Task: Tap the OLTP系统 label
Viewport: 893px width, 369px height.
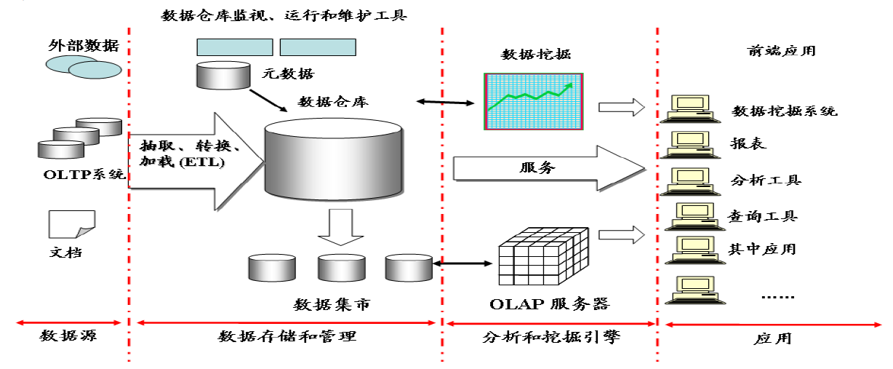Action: click(84, 175)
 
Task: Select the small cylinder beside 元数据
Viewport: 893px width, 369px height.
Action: click(223, 75)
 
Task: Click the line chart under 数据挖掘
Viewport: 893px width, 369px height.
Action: click(534, 101)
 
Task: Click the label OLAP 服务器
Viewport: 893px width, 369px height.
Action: click(549, 303)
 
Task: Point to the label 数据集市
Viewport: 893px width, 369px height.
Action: click(332, 303)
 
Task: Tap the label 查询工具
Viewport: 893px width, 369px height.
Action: click(762, 215)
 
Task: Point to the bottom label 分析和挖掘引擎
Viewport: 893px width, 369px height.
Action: click(550, 337)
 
